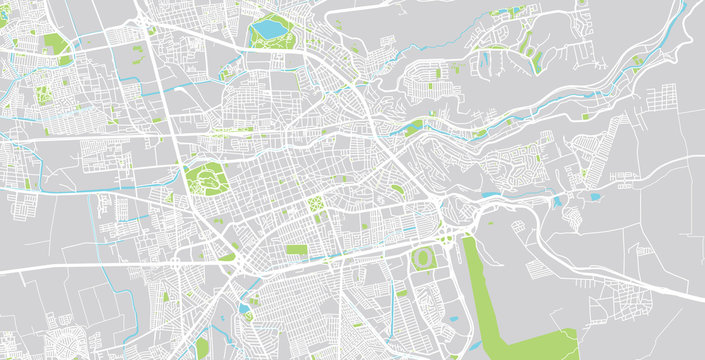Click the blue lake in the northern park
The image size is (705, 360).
(270, 30)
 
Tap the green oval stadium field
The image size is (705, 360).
(424, 258)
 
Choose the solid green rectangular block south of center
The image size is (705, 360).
(297, 249)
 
